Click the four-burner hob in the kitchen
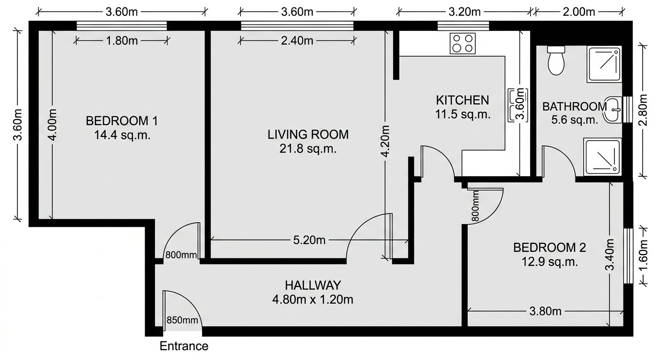tap(463, 43)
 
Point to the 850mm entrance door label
tap(182, 321)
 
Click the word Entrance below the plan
tap(184, 346)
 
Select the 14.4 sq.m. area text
tap(121, 135)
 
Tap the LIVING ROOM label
tap(308, 135)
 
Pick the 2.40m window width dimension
tap(297, 41)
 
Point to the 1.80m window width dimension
tap(121, 41)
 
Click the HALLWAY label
tap(313, 285)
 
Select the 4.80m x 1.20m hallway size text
tap(313, 299)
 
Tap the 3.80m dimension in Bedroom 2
tap(545, 311)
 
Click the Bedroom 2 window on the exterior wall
tap(628, 255)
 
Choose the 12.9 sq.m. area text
tap(549, 262)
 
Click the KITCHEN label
tap(462, 100)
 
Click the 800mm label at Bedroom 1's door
tap(180, 255)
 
